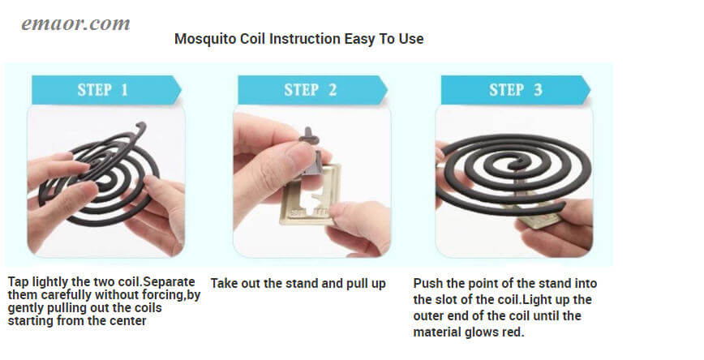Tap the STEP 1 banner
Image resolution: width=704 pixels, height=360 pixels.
pos(103,90)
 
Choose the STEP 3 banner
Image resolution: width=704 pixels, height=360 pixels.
pos(515,90)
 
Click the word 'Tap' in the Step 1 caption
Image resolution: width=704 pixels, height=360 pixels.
pos(19,282)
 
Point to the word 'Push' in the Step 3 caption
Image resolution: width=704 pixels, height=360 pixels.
pos(427,284)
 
